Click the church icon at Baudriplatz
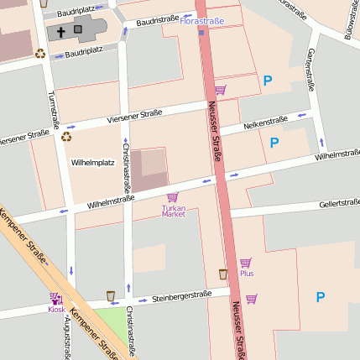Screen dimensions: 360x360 [x=61, y=31]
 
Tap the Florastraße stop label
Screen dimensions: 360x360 [x=202, y=19]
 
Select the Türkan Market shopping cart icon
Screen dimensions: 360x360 [x=173, y=197]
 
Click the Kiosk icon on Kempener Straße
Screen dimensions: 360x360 [x=55, y=298]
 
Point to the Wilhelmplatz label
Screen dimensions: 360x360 [x=92, y=161]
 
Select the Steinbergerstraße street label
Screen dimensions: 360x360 [x=181, y=296]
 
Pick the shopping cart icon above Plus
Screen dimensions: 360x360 [x=245, y=263]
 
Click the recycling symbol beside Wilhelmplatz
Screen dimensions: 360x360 [x=66, y=137]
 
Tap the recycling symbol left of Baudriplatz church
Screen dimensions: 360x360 [x=39, y=54]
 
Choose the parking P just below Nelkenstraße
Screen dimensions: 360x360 [x=274, y=143]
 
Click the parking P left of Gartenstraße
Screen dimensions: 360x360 [x=268, y=81]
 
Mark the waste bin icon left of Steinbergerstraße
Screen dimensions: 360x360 [x=111, y=295]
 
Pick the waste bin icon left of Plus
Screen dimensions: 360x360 [x=222, y=274]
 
